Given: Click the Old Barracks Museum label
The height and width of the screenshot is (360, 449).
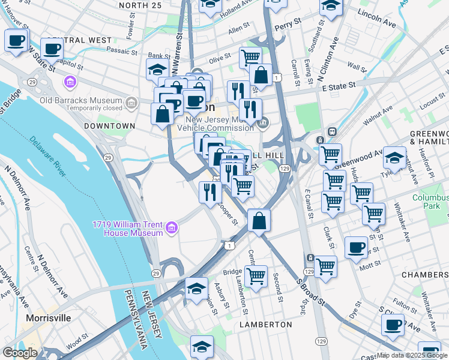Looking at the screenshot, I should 81,100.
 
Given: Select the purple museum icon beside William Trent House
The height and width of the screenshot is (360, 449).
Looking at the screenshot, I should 172,227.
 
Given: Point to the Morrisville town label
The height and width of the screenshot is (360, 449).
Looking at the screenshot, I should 49,317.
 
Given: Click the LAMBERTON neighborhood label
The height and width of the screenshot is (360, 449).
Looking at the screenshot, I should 266,324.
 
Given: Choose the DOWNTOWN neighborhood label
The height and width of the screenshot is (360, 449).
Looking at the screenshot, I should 109,126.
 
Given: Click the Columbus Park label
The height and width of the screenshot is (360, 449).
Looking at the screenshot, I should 430,202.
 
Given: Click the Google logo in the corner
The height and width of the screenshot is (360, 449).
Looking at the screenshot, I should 20,353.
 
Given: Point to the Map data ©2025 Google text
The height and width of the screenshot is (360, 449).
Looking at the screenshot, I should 411,355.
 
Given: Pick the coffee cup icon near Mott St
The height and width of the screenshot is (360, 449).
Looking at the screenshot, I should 357,247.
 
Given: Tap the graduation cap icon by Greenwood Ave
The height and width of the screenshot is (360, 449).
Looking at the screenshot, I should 394,157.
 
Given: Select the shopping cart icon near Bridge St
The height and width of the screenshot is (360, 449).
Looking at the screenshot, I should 256,276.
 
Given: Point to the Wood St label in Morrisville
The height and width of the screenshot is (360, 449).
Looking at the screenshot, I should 77,343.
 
